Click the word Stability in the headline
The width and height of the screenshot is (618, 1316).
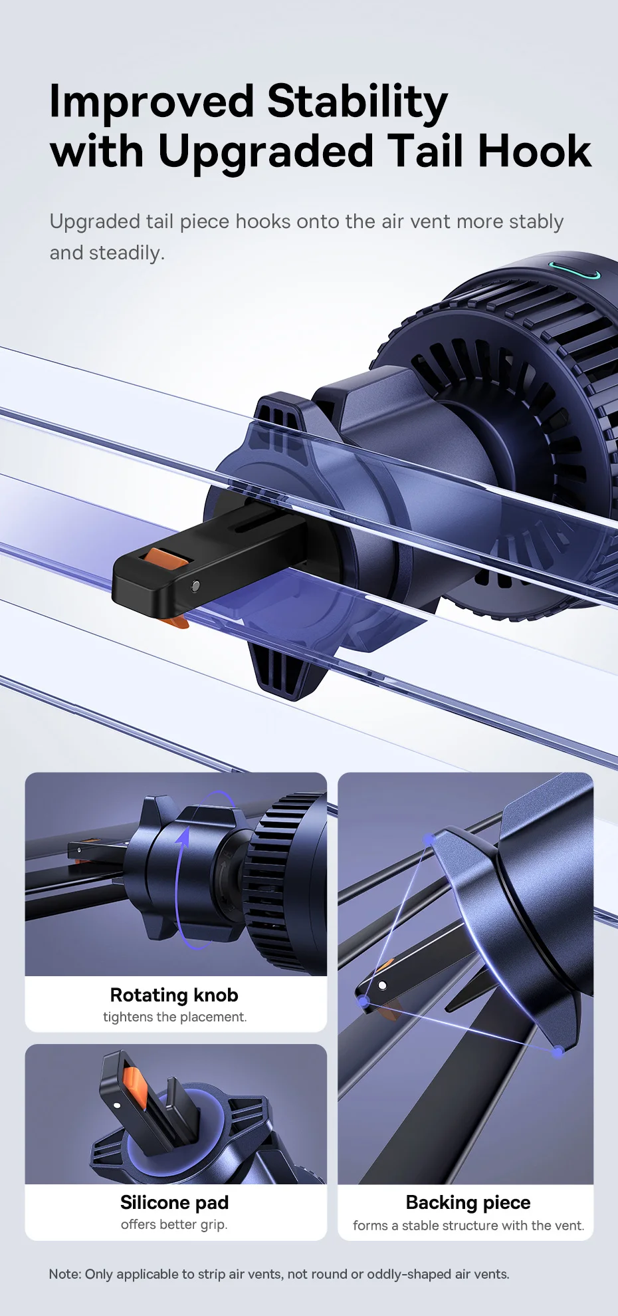click(358, 103)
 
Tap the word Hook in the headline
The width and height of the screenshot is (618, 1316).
click(534, 151)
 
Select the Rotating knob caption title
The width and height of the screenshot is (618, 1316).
click(174, 995)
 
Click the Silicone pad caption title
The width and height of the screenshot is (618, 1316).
click(175, 1202)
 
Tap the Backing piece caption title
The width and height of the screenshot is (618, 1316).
click(468, 1203)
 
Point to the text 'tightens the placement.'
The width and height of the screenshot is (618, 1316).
click(175, 1017)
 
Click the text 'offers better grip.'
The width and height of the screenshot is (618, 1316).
click(174, 1224)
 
